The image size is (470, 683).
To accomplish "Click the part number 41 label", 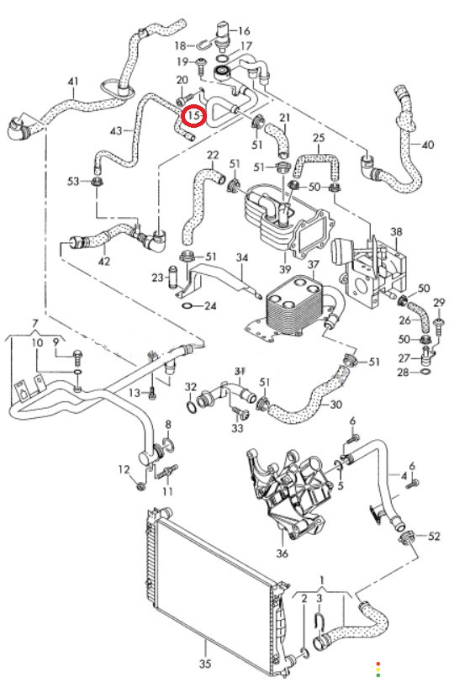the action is point(73,82).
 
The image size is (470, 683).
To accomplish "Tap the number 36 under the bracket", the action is point(283,553).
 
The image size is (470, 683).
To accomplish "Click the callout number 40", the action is point(428,144).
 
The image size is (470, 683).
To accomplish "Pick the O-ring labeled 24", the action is point(187,306).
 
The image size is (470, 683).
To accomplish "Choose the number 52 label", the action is point(434,536).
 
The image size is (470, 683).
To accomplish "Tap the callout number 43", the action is point(116,130).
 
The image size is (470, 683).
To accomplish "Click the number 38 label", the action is point(396,232).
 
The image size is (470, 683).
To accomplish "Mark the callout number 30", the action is point(335,405).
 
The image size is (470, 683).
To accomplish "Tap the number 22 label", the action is point(213,155).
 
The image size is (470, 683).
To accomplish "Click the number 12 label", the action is point(124,469).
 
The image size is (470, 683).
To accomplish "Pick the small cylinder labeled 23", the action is point(172,276).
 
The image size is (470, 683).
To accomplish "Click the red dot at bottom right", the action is point(378,664).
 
